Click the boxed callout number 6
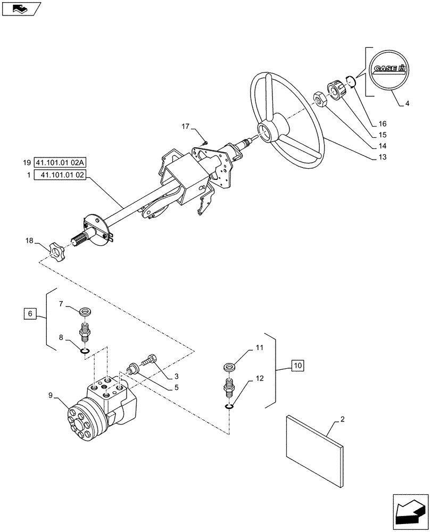coord(30,314)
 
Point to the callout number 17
coord(185,127)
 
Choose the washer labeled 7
coord(84,310)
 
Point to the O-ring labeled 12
coord(228,407)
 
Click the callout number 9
coord(51,395)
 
